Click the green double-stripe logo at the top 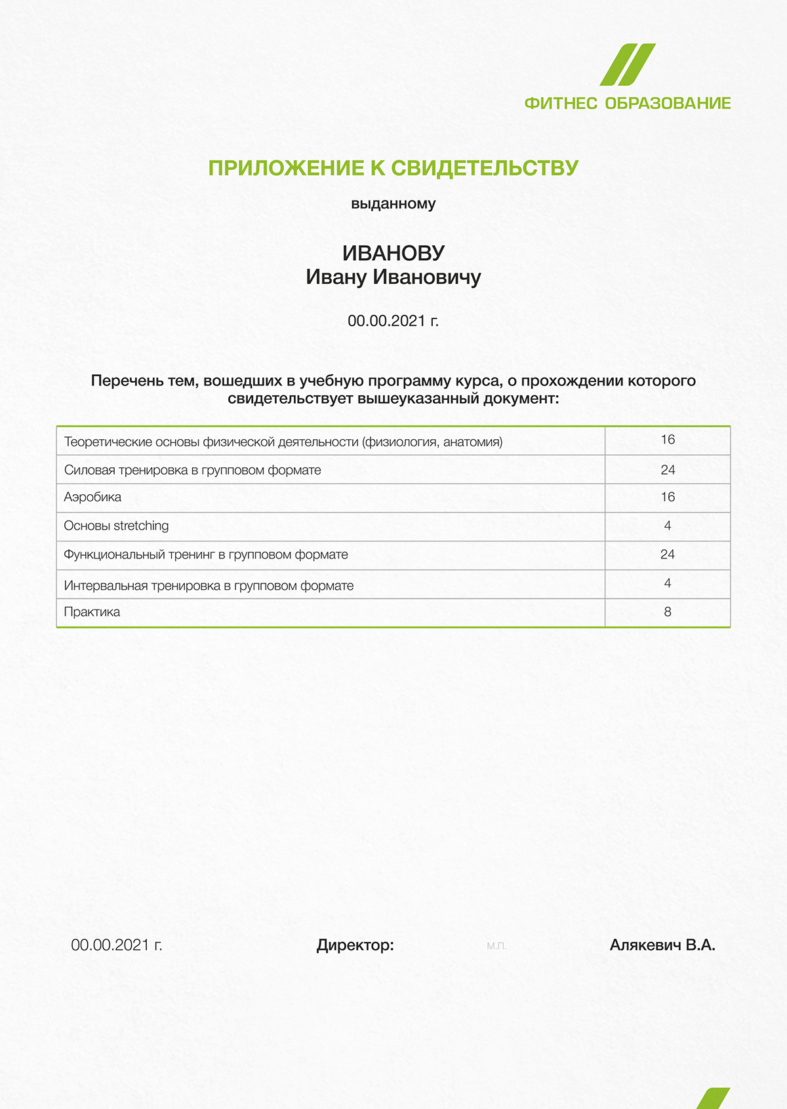click(628, 65)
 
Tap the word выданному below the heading click(393, 204)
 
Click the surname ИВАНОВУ click(393, 253)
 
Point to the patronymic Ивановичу click(427, 277)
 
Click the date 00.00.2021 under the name click(392, 321)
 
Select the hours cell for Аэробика click(668, 497)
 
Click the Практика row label click(92, 612)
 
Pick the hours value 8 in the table click(668, 612)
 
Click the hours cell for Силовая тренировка click(668, 470)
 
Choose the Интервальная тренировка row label click(209, 586)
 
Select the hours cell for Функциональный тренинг click(668, 554)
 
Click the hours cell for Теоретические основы click(668, 440)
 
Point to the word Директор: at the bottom click(355, 945)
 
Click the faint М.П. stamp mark click(496, 946)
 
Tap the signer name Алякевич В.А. click(662, 945)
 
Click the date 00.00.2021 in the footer click(117, 945)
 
